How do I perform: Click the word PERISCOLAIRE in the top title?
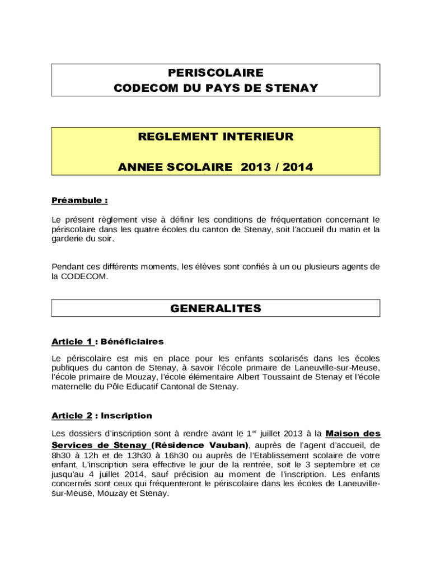(215, 73)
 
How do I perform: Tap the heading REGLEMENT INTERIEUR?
(215, 137)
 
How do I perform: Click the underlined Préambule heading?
(79, 200)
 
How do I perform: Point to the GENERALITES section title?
(215, 308)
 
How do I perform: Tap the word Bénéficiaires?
(132, 341)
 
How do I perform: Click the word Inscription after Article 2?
(127, 416)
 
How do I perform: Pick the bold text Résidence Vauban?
(200, 445)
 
